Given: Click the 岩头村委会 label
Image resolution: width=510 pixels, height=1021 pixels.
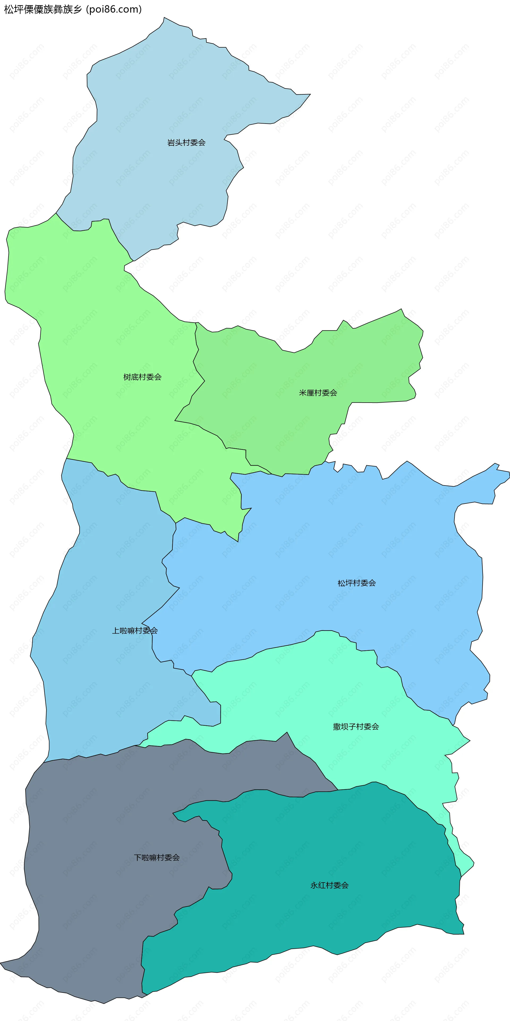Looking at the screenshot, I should tap(186, 143).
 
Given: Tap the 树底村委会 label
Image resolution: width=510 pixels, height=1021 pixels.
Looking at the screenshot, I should tap(142, 377).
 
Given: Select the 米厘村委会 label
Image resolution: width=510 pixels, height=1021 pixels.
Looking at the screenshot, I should tap(318, 393).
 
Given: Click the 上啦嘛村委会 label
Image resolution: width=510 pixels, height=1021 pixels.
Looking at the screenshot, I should tap(135, 631).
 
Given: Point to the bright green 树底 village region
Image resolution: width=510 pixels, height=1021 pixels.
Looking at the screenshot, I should tap(99, 337).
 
